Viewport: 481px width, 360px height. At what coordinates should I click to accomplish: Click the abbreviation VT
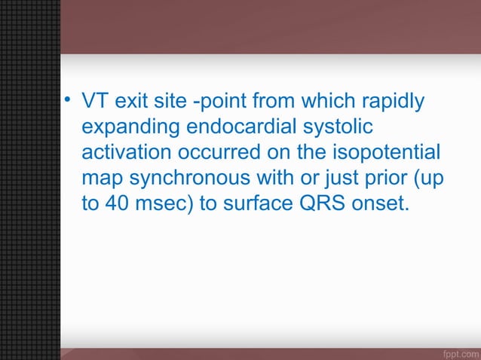click(x=94, y=101)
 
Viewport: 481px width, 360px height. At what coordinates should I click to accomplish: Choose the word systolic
click(x=338, y=127)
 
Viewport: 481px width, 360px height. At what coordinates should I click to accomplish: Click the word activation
click(x=126, y=154)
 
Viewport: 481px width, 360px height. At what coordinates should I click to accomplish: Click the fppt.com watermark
click(x=458, y=352)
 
